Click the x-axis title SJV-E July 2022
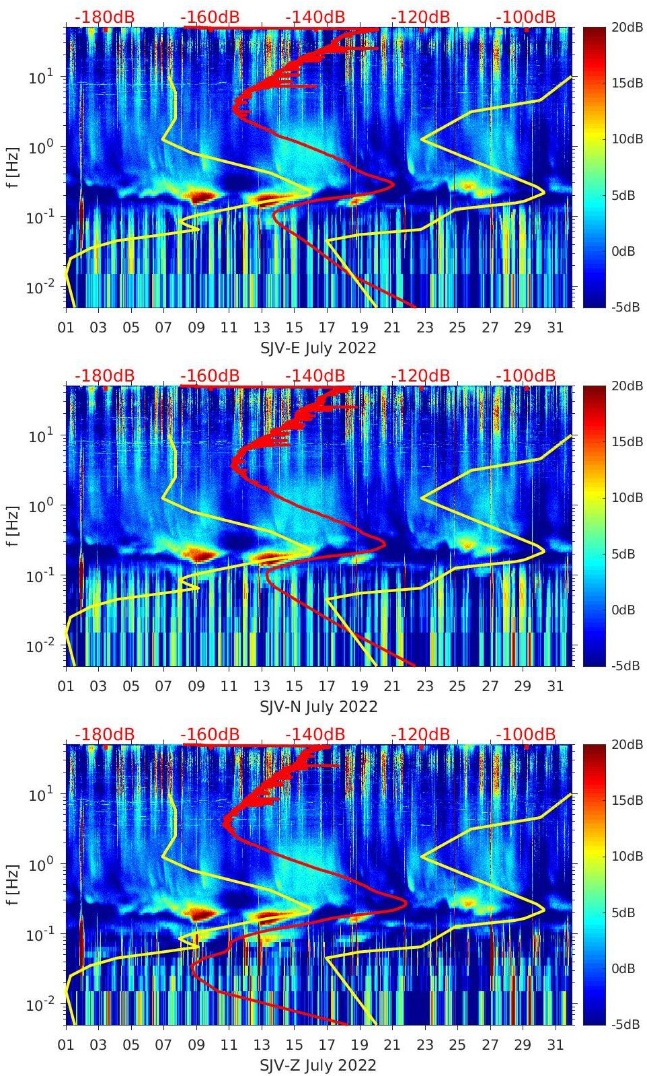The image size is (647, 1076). [x=318, y=348]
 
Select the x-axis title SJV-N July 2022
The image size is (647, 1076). [x=318, y=707]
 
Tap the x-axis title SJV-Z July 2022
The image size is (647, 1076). [x=318, y=1065]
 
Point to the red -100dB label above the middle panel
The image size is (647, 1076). [x=525, y=375]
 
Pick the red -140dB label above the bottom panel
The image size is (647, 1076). [x=315, y=734]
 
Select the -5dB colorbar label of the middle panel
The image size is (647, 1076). [x=625, y=666]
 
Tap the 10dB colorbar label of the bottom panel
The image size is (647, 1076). [x=626, y=857]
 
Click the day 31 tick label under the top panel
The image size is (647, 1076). [x=555, y=328]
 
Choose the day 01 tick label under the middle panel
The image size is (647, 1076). [x=66, y=686]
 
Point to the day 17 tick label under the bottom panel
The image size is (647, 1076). [x=327, y=1045]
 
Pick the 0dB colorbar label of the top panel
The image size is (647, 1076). [x=624, y=251]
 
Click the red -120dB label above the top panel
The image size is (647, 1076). [x=420, y=17]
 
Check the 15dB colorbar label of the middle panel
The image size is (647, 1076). [x=626, y=441]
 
